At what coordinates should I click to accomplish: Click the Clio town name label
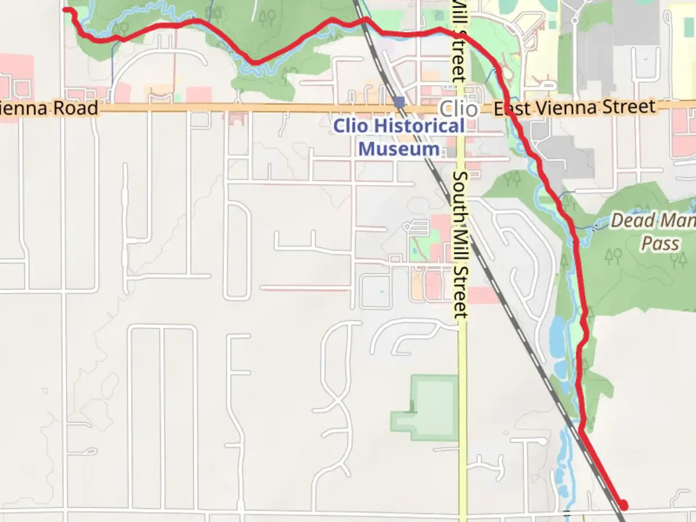458,109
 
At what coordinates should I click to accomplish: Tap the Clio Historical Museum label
399,137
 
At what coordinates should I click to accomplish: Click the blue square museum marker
399,102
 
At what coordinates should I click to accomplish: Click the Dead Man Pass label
652,232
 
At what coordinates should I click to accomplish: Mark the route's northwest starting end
66,9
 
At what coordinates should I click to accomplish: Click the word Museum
399,149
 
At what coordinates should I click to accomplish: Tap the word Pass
660,244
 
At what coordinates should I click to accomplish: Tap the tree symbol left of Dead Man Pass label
613,256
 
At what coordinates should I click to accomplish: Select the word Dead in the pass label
626,221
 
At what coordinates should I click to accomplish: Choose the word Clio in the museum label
351,126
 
